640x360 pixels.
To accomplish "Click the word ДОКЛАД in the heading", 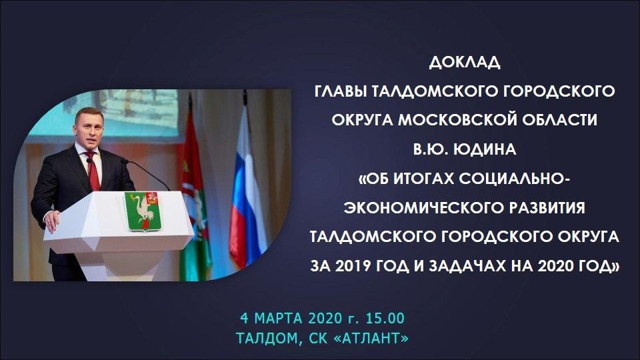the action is click(465, 63).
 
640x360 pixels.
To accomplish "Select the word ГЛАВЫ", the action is click(341, 91).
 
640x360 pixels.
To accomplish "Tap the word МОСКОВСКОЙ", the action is click(457, 120).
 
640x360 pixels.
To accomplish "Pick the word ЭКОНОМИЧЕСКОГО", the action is click(424, 208).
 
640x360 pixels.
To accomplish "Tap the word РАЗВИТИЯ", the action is click(547, 208).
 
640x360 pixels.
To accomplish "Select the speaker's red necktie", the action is click(93, 171).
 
